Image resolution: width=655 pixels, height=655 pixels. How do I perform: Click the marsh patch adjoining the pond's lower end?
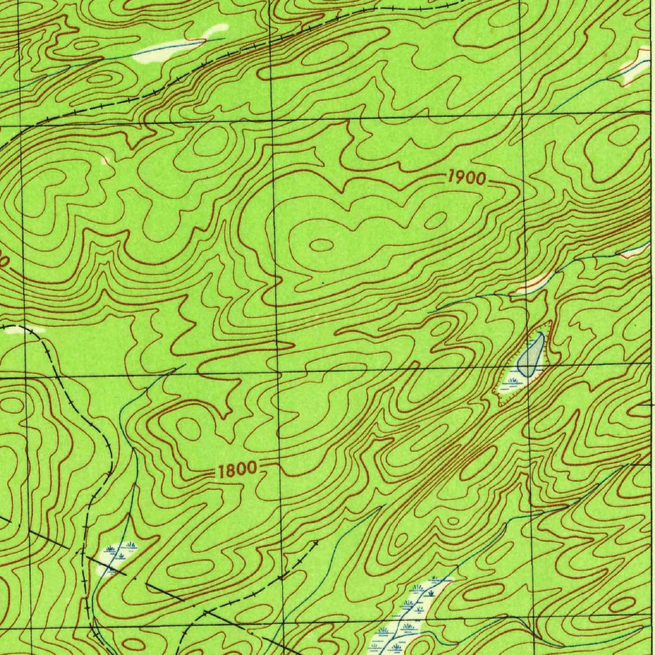514,384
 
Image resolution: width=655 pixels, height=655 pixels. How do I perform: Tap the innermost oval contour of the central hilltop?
322,244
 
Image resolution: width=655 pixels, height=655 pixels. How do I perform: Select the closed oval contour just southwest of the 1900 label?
435,221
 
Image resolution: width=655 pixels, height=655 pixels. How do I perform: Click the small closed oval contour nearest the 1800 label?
188,429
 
